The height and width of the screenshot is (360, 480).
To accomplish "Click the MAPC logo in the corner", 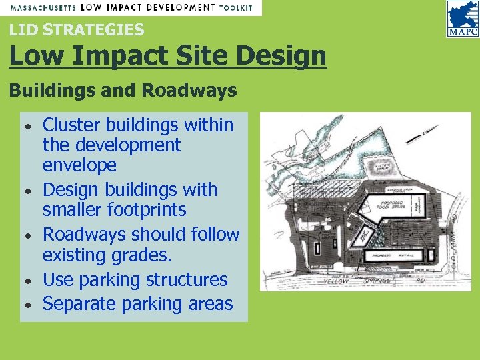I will [x=462, y=19].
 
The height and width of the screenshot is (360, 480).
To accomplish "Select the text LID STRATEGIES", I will [x=77, y=29].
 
